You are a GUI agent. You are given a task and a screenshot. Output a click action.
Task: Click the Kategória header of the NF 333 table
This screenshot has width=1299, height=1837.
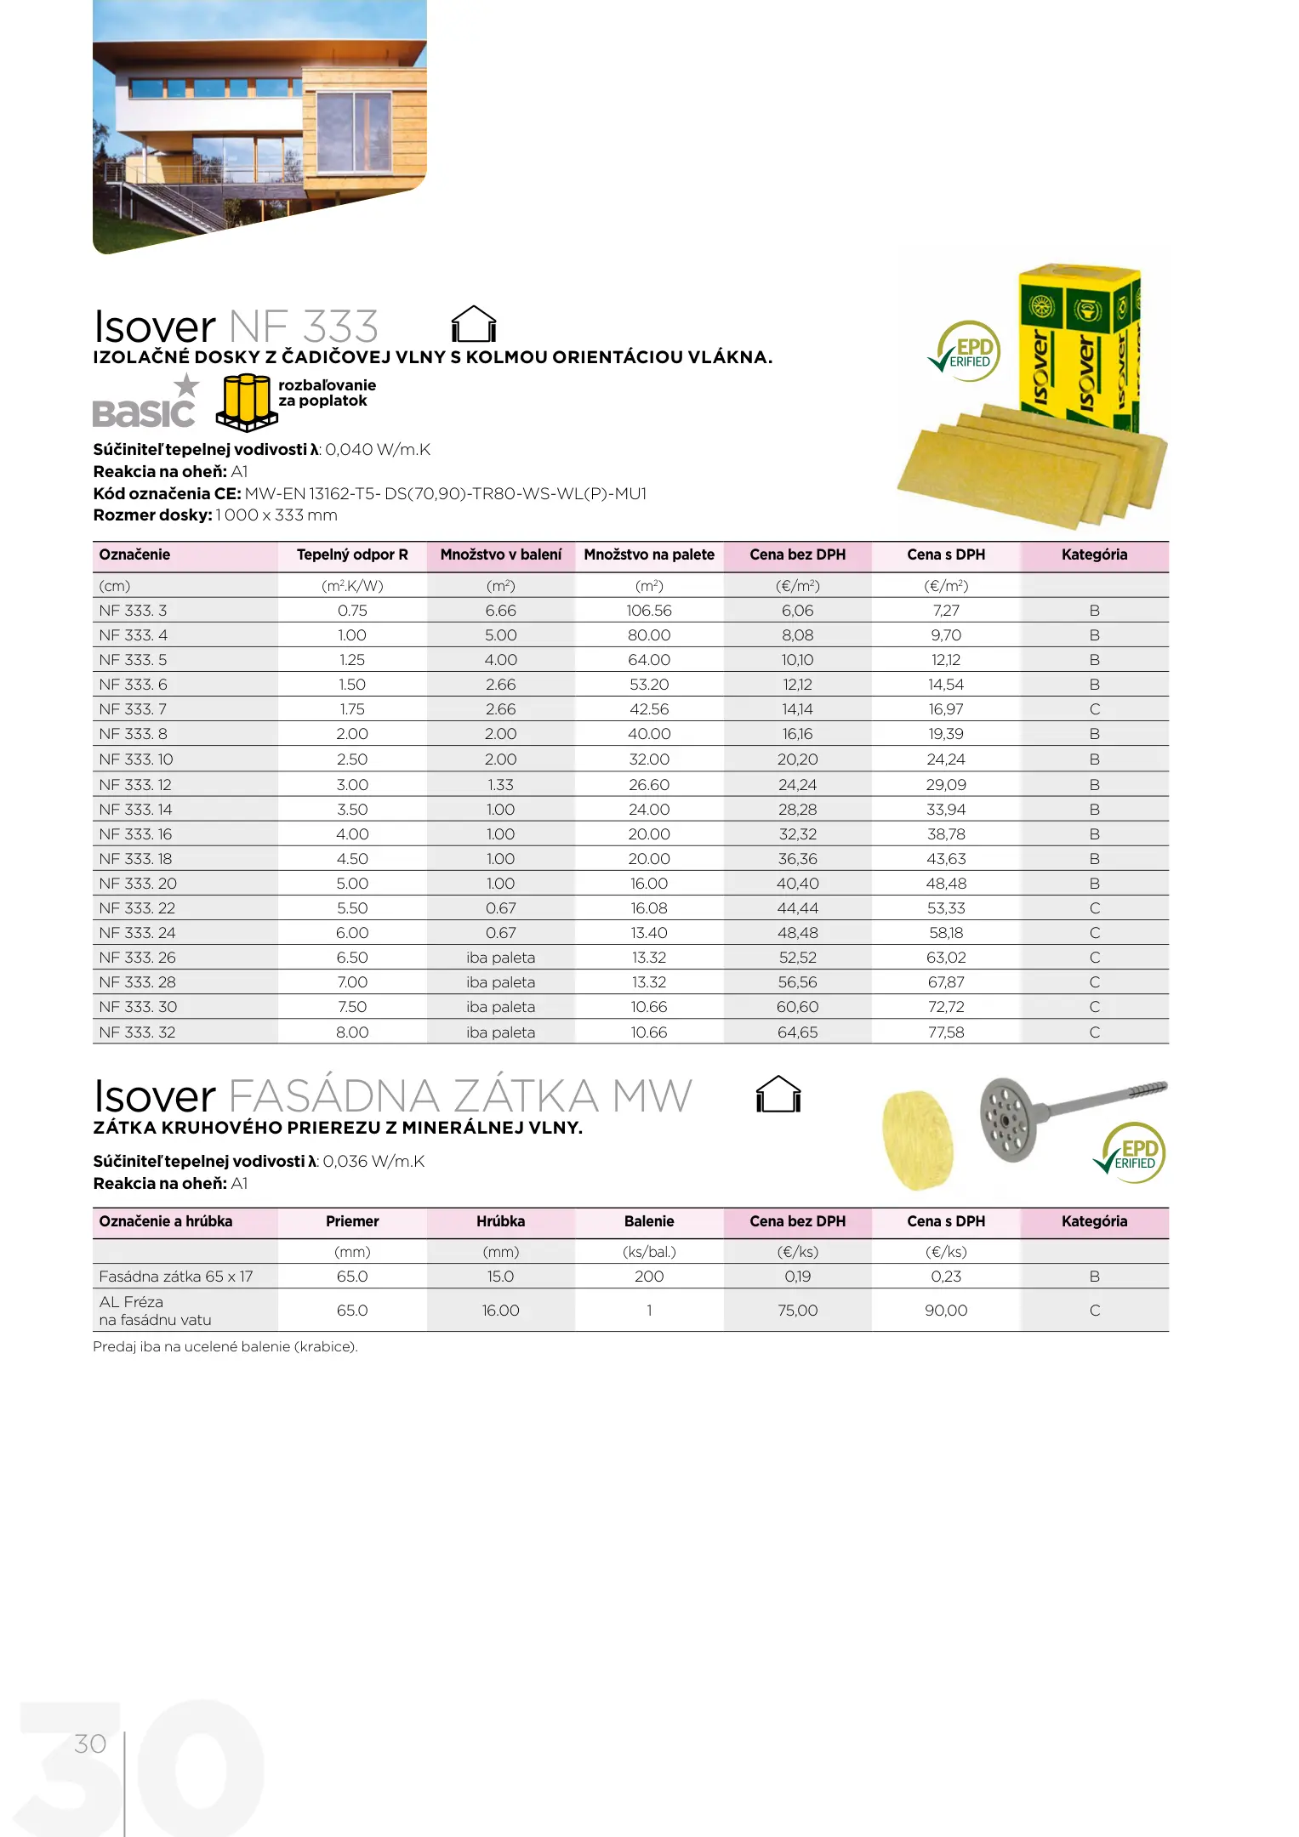pyautogui.click(x=1094, y=555)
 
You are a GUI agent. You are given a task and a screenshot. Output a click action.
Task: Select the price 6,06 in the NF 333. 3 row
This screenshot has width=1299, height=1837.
pyautogui.click(x=797, y=611)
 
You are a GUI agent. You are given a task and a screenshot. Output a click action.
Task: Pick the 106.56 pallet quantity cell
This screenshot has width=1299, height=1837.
pyautogui.click(x=649, y=611)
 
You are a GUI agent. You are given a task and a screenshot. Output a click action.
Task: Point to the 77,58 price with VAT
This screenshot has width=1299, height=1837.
pyautogui.click(x=946, y=1032)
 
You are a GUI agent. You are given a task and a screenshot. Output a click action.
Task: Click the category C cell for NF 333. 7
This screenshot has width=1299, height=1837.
pyautogui.click(x=1095, y=709)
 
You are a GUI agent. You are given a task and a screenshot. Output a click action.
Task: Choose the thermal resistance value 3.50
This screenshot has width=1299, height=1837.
pyautogui.click(x=352, y=810)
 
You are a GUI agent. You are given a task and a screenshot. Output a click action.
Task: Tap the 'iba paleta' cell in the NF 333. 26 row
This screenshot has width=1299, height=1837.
pyautogui.click(x=501, y=958)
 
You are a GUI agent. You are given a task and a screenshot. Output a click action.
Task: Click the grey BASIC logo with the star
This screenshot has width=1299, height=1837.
pyautogui.click(x=145, y=404)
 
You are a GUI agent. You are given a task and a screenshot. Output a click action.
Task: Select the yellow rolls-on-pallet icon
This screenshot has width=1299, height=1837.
pyautogui.click(x=247, y=401)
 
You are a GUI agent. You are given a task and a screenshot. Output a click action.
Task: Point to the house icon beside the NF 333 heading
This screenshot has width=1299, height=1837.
pyautogui.click(x=473, y=324)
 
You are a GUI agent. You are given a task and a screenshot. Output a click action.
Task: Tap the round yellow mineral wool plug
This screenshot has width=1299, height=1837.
pyautogui.click(x=918, y=1140)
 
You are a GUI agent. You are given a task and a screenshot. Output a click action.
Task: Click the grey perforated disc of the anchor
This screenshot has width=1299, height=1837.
pyautogui.click(x=1008, y=1118)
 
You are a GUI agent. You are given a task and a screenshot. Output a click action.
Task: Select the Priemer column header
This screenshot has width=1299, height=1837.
pyautogui.click(x=352, y=1221)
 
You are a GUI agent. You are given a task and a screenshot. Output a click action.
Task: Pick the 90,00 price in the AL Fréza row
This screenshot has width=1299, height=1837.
pyautogui.click(x=946, y=1311)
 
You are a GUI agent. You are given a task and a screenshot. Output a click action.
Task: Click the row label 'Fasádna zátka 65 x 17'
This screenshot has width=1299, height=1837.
pyautogui.click(x=176, y=1277)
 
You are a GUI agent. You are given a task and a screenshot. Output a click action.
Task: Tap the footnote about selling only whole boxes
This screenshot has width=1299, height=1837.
pyautogui.click(x=225, y=1347)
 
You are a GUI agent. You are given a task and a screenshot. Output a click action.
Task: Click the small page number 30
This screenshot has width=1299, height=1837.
pyautogui.click(x=90, y=1744)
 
